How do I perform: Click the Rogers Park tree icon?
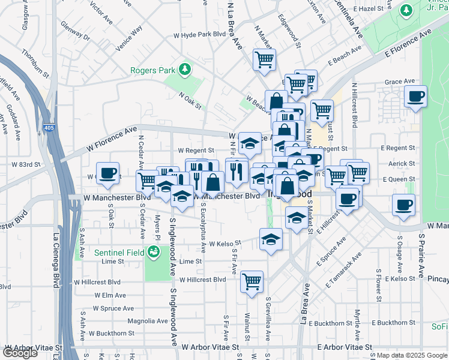(x=185, y=70)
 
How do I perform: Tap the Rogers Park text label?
(x=153, y=70)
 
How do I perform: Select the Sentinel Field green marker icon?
(x=154, y=253)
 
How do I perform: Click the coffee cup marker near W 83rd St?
(x=107, y=173)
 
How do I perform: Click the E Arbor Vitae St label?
(x=345, y=347)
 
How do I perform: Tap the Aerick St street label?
(x=402, y=163)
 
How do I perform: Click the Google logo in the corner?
(x=20, y=353)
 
